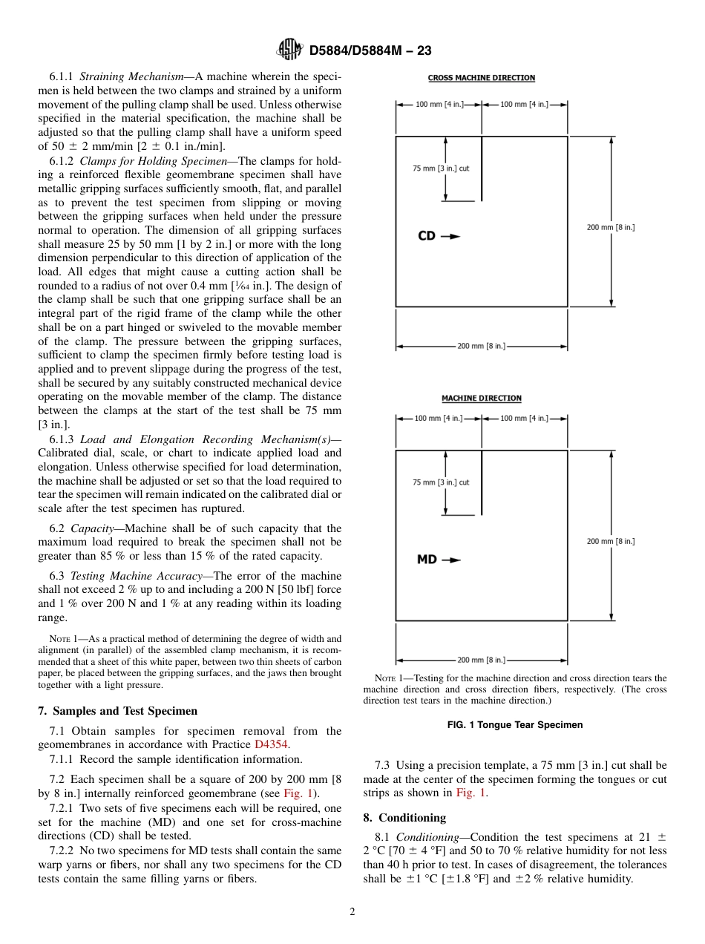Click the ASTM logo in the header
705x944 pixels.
tap(289, 50)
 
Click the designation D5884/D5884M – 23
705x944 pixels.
tap(370, 50)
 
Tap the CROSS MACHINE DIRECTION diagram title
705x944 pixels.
tap(482, 78)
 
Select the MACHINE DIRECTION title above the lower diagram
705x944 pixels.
tap(482, 399)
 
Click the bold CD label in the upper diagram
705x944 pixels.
tap(427, 236)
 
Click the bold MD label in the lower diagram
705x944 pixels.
tap(427, 560)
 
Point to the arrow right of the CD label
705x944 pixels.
tap(450, 236)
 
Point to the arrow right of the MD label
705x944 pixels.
tap(451, 560)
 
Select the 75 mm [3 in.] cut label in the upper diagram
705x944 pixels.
tap(441, 168)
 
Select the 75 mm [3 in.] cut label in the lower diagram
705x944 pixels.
tap(441, 482)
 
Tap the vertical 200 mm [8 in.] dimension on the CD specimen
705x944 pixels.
tap(611, 227)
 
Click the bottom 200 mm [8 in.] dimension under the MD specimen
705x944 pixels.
tap(481, 659)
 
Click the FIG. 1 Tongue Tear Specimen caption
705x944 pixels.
tap(515, 724)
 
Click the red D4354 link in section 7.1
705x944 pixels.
tap(271, 744)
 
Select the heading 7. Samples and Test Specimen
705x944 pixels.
tap(118, 710)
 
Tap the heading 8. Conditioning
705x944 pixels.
tap(404, 817)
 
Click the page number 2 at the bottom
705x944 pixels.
tap(352, 912)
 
